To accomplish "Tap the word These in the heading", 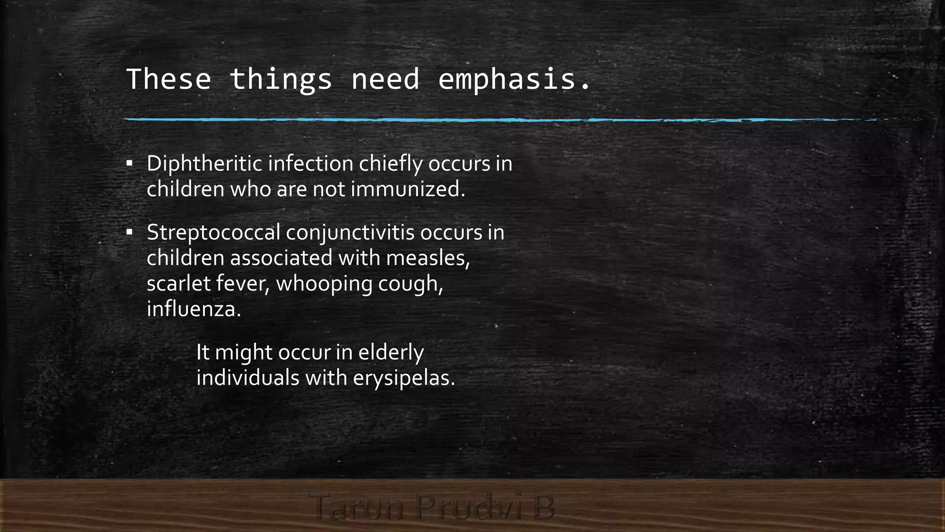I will (x=168, y=79).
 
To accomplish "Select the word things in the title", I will (x=281, y=79).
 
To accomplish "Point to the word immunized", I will (x=408, y=189).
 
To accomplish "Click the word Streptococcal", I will (x=214, y=232).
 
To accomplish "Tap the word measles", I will (x=428, y=258).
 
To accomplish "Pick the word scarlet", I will (x=179, y=283).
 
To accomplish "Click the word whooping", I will (x=324, y=283).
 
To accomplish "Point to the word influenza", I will (x=193, y=308).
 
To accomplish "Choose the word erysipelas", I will (x=404, y=378).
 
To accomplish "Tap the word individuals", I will (x=248, y=378).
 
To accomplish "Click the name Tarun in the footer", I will (x=357, y=507).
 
